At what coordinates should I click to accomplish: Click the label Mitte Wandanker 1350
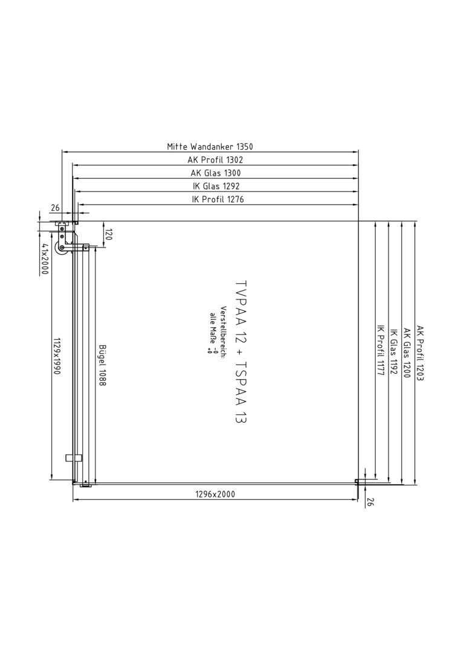click(x=210, y=146)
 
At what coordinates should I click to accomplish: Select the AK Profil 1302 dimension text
click(x=215, y=159)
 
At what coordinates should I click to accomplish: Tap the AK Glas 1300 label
click(x=216, y=173)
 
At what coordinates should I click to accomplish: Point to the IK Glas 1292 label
click(x=216, y=187)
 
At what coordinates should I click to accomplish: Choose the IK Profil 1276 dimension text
click(x=218, y=200)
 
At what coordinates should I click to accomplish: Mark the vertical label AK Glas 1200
click(x=407, y=353)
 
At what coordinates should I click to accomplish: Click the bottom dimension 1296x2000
click(x=215, y=494)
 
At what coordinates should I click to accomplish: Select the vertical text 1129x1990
click(x=57, y=356)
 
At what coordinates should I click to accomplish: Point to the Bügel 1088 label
click(x=102, y=365)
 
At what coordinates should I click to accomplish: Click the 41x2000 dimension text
click(x=45, y=259)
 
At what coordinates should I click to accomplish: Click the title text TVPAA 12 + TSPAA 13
click(x=240, y=352)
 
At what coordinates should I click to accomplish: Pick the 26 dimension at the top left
click(x=55, y=208)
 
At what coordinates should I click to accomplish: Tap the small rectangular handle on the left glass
click(x=73, y=458)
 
